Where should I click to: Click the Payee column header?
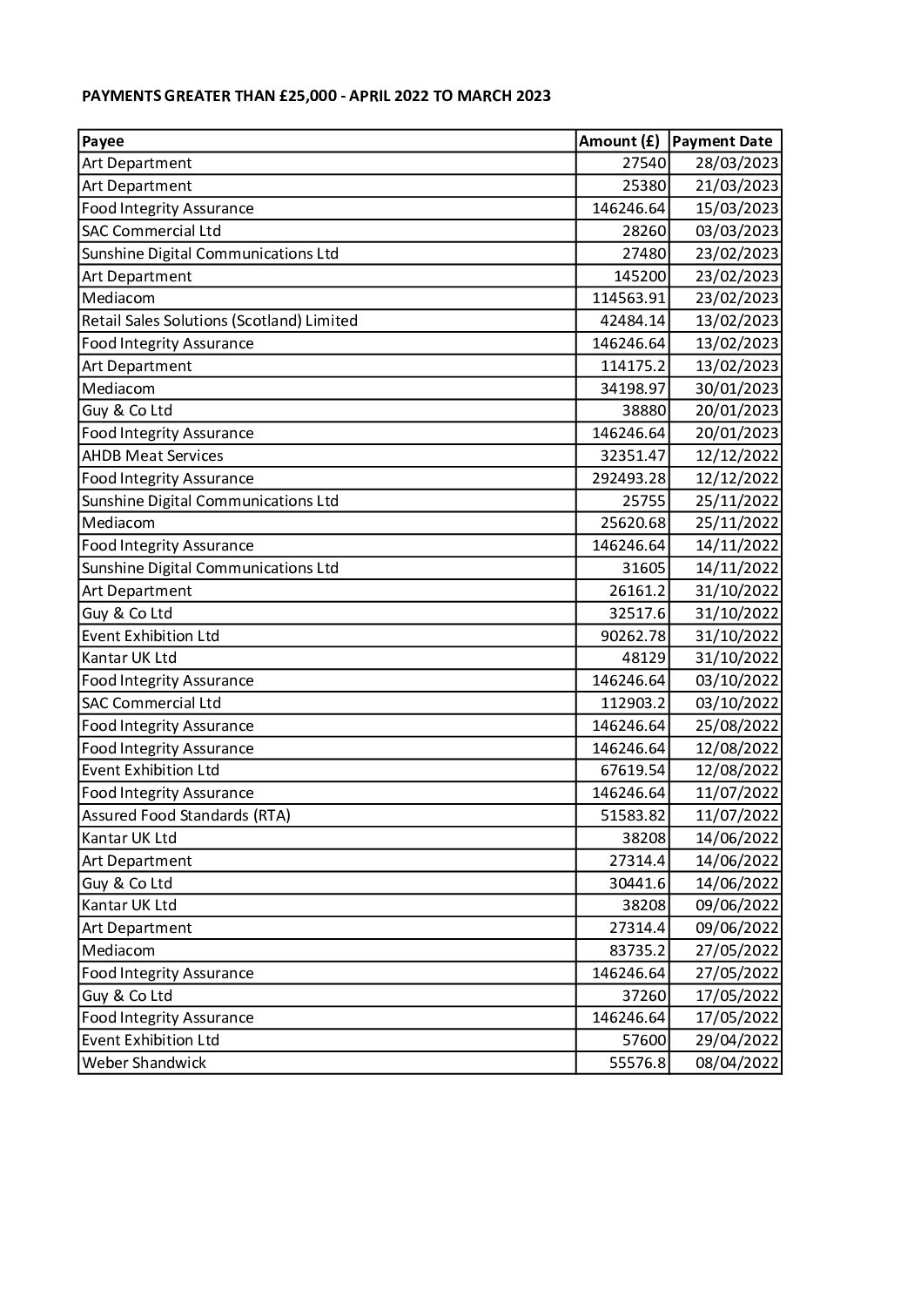point(103,141)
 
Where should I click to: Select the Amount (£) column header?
point(619,141)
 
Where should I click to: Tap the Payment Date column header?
point(723,141)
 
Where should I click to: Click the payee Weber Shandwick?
point(144,1063)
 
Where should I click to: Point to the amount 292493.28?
point(629,478)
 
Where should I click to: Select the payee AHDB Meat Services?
point(152,456)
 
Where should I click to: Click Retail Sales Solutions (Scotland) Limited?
point(219,321)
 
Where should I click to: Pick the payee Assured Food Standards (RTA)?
point(185,815)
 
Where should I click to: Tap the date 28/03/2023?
point(736,164)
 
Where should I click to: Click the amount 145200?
point(640,276)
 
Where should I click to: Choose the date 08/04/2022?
point(736,1063)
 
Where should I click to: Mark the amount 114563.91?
point(629,298)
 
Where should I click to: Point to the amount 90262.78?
point(633,636)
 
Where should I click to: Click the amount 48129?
point(644,658)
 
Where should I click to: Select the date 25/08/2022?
point(736,726)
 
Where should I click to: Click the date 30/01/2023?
point(736,388)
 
